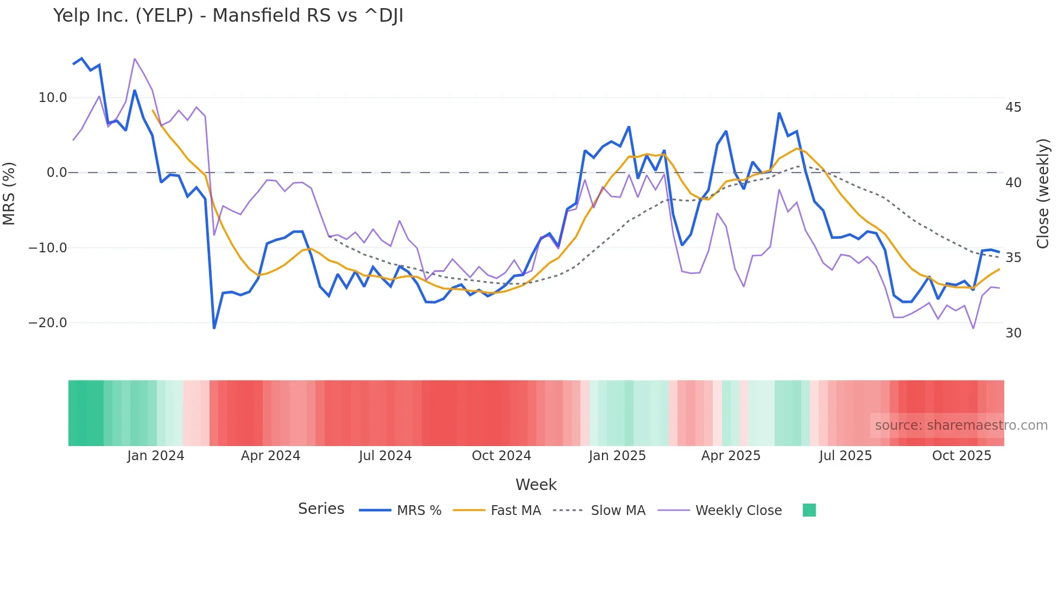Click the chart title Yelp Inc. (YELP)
point(228,16)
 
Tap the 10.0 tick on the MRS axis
point(53,98)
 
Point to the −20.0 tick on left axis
point(48,323)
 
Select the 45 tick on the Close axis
point(1013,107)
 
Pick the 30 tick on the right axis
point(1013,333)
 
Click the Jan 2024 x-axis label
point(156,456)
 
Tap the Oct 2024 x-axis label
point(501,456)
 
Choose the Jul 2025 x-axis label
point(845,456)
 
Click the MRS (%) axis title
point(9,193)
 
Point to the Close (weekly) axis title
point(1043,194)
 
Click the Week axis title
point(536,485)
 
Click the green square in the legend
point(809,510)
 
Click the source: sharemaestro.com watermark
point(961,425)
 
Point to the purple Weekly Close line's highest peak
point(135,59)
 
